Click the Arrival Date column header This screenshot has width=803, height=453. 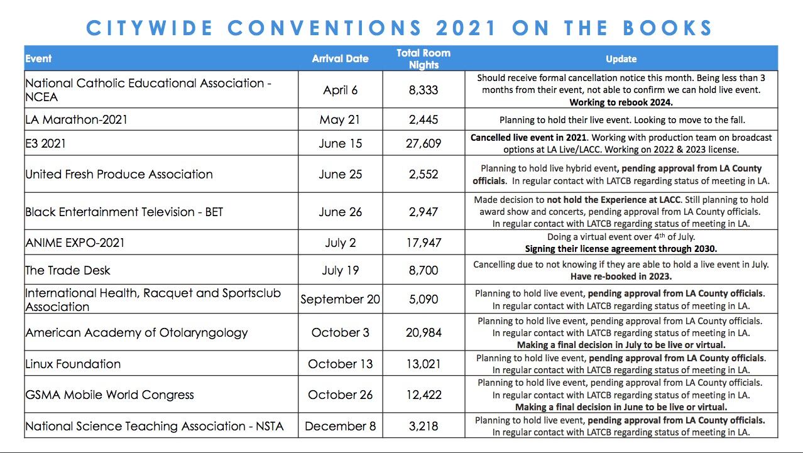click(x=340, y=58)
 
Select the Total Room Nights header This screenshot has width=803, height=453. click(x=423, y=58)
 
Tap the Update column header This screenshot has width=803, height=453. click(x=621, y=58)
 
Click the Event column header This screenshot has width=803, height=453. click(x=38, y=58)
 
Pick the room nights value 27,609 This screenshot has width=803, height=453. click(x=423, y=143)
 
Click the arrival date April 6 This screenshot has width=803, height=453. click(x=340, y=90)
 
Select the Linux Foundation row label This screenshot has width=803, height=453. click(x=73, y=364)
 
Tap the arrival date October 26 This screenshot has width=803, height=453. click(x=340, y=395)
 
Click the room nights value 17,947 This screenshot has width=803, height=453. click(x=423, y=243)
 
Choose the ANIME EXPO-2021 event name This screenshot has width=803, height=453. click(x=75, y=243)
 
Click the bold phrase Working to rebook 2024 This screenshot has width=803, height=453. click(x=621, y=102)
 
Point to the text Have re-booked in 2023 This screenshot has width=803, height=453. click(x=621, y=276)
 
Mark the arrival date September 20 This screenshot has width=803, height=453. click(x=340, y=299)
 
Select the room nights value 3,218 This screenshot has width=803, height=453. click(x=423, y=426)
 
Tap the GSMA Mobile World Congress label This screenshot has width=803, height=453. click(x=109, y=395)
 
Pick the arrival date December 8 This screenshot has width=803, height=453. click(x=340, y=426)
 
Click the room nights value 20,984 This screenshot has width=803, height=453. click(x=423, y=332)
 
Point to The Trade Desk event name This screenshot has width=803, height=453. click(x=68, y=270)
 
